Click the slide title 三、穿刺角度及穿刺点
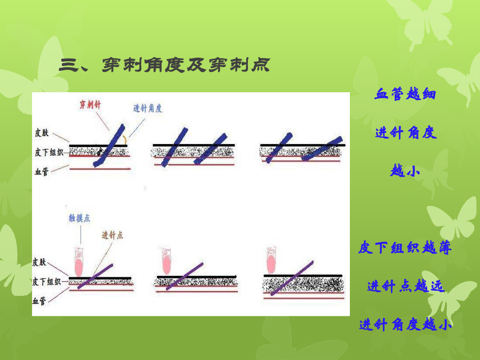(x=164, y=65)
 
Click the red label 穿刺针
(x=90, y=105)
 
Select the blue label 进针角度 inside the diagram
(x=148, y=108)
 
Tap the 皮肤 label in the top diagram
(x=42, y=133)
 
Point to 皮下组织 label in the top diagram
(x=49, y=152)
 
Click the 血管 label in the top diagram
(x=42, y=171)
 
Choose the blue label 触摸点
(x=79, y=218)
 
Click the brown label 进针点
(x=113, y=235)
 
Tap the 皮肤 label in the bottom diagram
(x=39, y=262)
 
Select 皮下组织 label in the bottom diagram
(x=47, y=281)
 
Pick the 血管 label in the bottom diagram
(x=39, y=301)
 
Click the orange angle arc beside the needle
(x=125, y=140)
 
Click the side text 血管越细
(x=405, y=94)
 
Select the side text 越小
(x=405, y=171)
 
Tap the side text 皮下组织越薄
(x=405, y=247)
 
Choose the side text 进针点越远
(x=405, y=286)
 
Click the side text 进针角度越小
(x=405, y=324)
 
